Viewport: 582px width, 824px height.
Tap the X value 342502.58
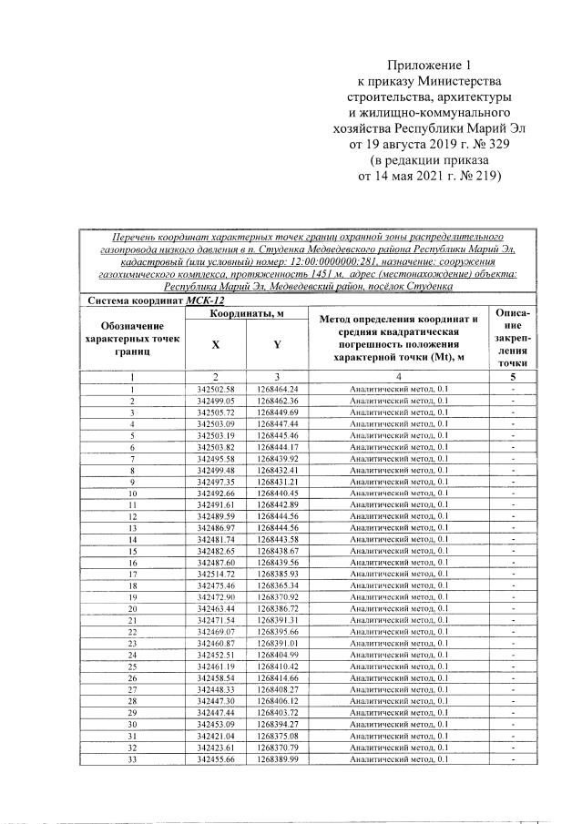(x=215, y=389)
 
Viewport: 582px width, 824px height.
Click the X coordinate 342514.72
(x=215, y=575)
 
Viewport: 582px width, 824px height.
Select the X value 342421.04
(x=215, y=736)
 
